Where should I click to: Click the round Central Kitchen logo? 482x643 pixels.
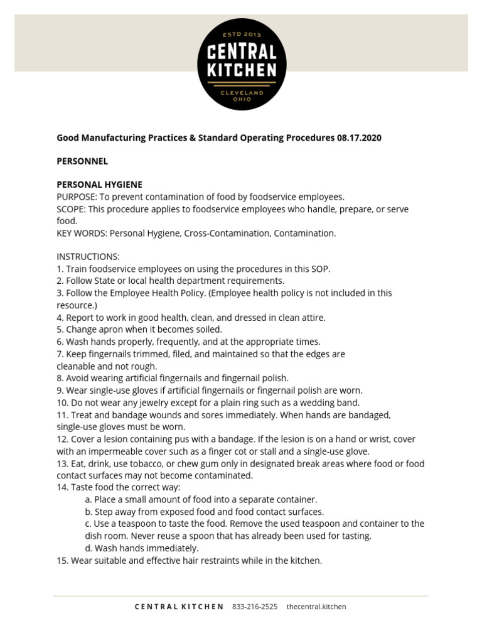(242, 64)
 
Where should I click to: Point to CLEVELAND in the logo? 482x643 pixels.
(242, 92)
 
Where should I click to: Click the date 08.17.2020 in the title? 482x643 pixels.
(358, 138)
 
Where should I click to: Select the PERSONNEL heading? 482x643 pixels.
(82, 161)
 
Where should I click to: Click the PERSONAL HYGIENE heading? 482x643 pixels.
(100, 185)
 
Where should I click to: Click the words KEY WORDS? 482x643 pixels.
(82, 233)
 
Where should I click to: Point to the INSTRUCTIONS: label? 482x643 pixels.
(88, 257)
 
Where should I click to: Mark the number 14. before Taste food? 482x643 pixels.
(63, 487)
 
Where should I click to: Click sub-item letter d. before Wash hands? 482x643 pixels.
(88, 548)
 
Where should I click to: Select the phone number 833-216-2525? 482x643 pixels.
(255, 607)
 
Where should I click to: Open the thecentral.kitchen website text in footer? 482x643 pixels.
(316, 607)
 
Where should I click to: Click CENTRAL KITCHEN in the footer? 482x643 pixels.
(179, 607)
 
